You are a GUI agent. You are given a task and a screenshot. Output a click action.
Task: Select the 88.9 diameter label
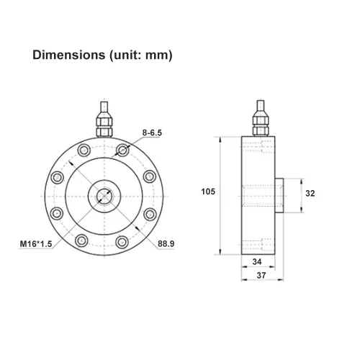pyautogui.click(x=166, y=244)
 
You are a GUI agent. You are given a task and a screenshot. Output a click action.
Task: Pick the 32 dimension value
pyautogui.click(x=310, y=193)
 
